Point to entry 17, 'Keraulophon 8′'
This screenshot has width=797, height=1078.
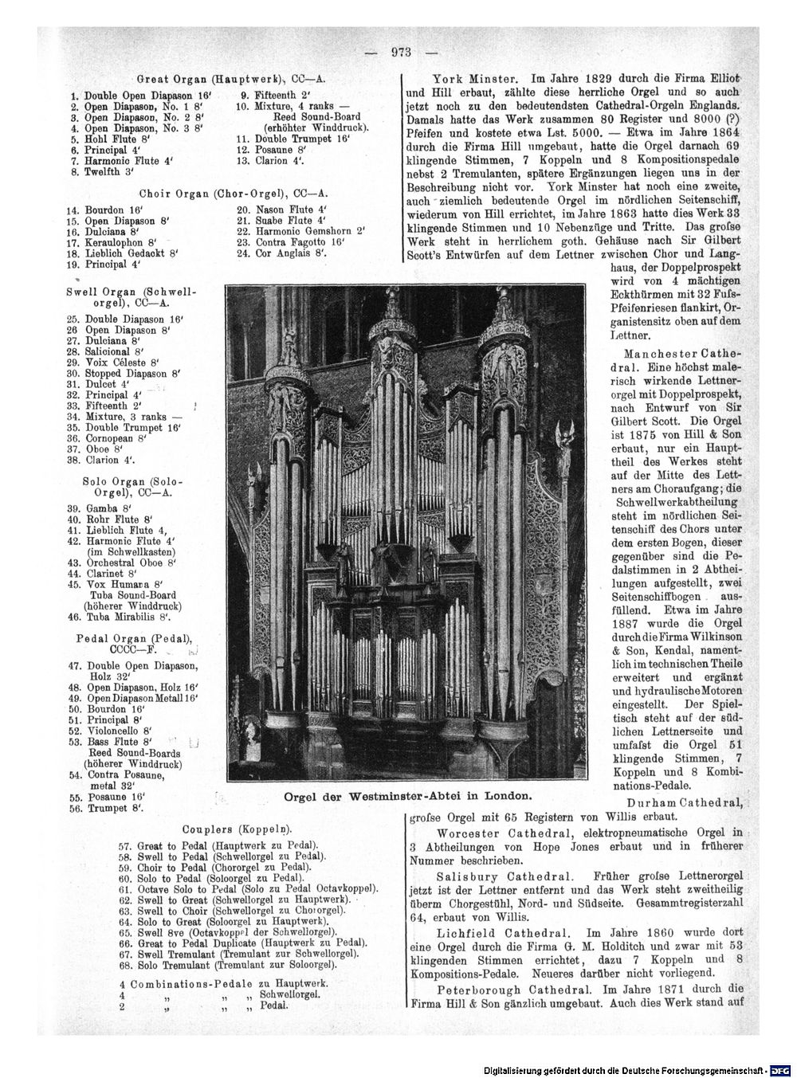[x=115, y=241]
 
